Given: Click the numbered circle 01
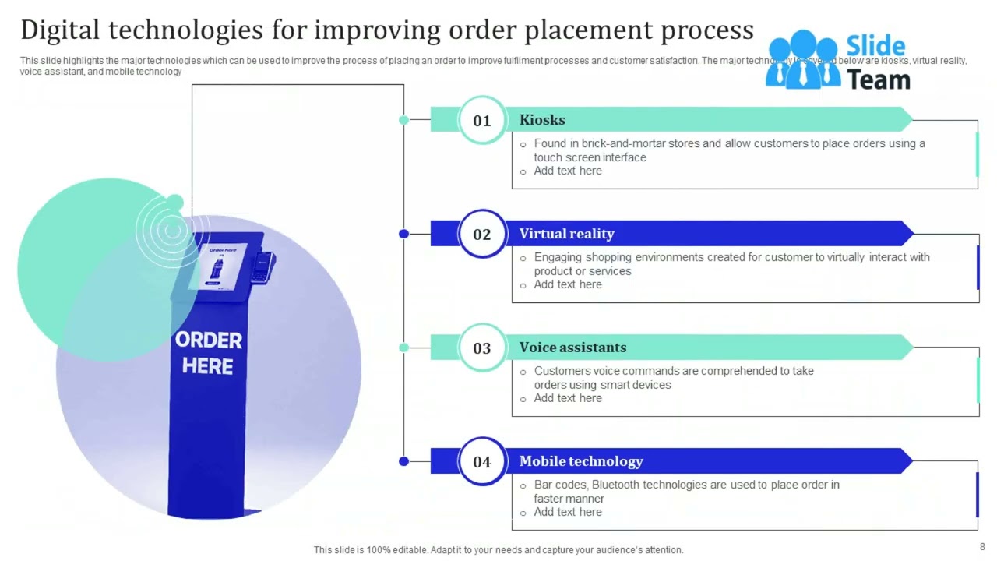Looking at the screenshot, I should coord(482,121).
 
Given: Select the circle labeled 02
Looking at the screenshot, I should coord(482,235).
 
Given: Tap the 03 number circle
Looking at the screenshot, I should coord(482,348).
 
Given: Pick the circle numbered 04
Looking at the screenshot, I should coord(482,462).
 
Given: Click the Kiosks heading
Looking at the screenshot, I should coord(542,120).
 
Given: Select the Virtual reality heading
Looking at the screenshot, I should coord(566,234).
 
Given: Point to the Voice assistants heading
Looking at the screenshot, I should coord(572,348).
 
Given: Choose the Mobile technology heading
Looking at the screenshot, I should coord(581,461).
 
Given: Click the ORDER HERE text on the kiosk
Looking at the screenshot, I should coord(208,353).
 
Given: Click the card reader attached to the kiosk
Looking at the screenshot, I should coord(263,266).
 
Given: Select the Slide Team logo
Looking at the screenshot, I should coord(837,60).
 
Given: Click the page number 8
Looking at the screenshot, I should coord(982,547).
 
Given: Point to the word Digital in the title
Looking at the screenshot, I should coord(61,30).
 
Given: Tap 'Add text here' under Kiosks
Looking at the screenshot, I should coord(567,171).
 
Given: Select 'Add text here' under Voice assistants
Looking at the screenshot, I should coord(567,398).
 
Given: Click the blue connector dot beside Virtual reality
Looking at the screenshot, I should coord(403,234).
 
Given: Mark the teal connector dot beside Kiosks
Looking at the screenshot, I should coord(403,120).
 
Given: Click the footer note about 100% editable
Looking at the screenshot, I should coord(498,550).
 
